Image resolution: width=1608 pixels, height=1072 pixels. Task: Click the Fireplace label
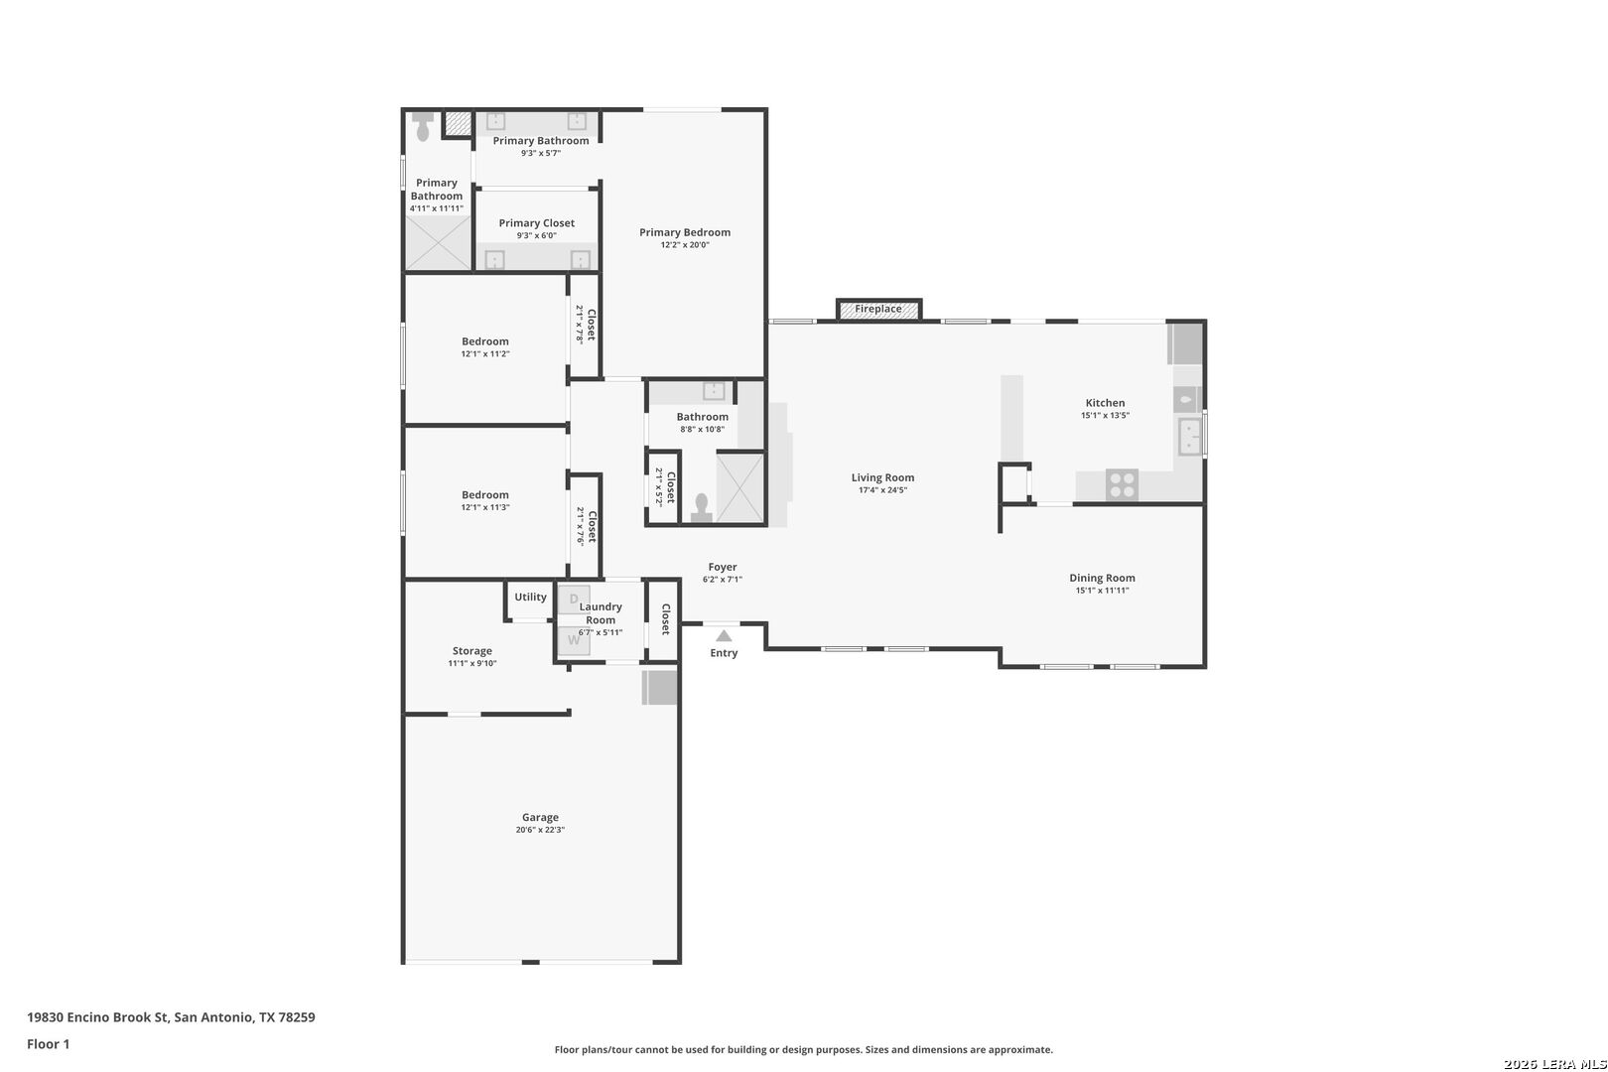pos(877,309)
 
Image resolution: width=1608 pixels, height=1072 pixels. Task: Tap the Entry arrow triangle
pos(724,636)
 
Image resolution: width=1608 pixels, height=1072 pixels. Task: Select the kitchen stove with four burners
pos(1122,484)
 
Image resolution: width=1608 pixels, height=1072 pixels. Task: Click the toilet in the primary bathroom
pos(423,126)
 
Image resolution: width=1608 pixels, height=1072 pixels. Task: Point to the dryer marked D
pos(575,600)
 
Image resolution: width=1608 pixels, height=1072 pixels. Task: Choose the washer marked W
pos(575,640)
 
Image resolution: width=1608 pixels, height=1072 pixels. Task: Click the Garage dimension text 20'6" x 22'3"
pos(540,830)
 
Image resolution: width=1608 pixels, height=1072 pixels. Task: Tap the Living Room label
pos(882,477)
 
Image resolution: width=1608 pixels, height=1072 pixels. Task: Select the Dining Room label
pos(1102,578)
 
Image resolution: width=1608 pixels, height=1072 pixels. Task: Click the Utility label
pos(530,597)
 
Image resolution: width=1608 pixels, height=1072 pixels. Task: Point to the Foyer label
pos(723,567)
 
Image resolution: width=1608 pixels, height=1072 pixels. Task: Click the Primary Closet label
pos(536,223)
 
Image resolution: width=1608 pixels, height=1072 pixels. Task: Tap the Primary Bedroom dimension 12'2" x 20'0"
pos(685,245)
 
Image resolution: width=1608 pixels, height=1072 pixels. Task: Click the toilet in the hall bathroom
pos(702,507)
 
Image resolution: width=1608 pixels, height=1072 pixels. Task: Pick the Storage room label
pos(471,651)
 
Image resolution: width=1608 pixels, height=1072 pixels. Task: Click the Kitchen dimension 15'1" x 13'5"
pos(1105,416)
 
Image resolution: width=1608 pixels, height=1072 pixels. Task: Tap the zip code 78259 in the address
pos(297,1017)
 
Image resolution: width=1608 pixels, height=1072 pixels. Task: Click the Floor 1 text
pos(48,1044)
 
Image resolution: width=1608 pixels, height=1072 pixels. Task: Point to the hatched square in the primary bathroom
pos(458,123)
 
